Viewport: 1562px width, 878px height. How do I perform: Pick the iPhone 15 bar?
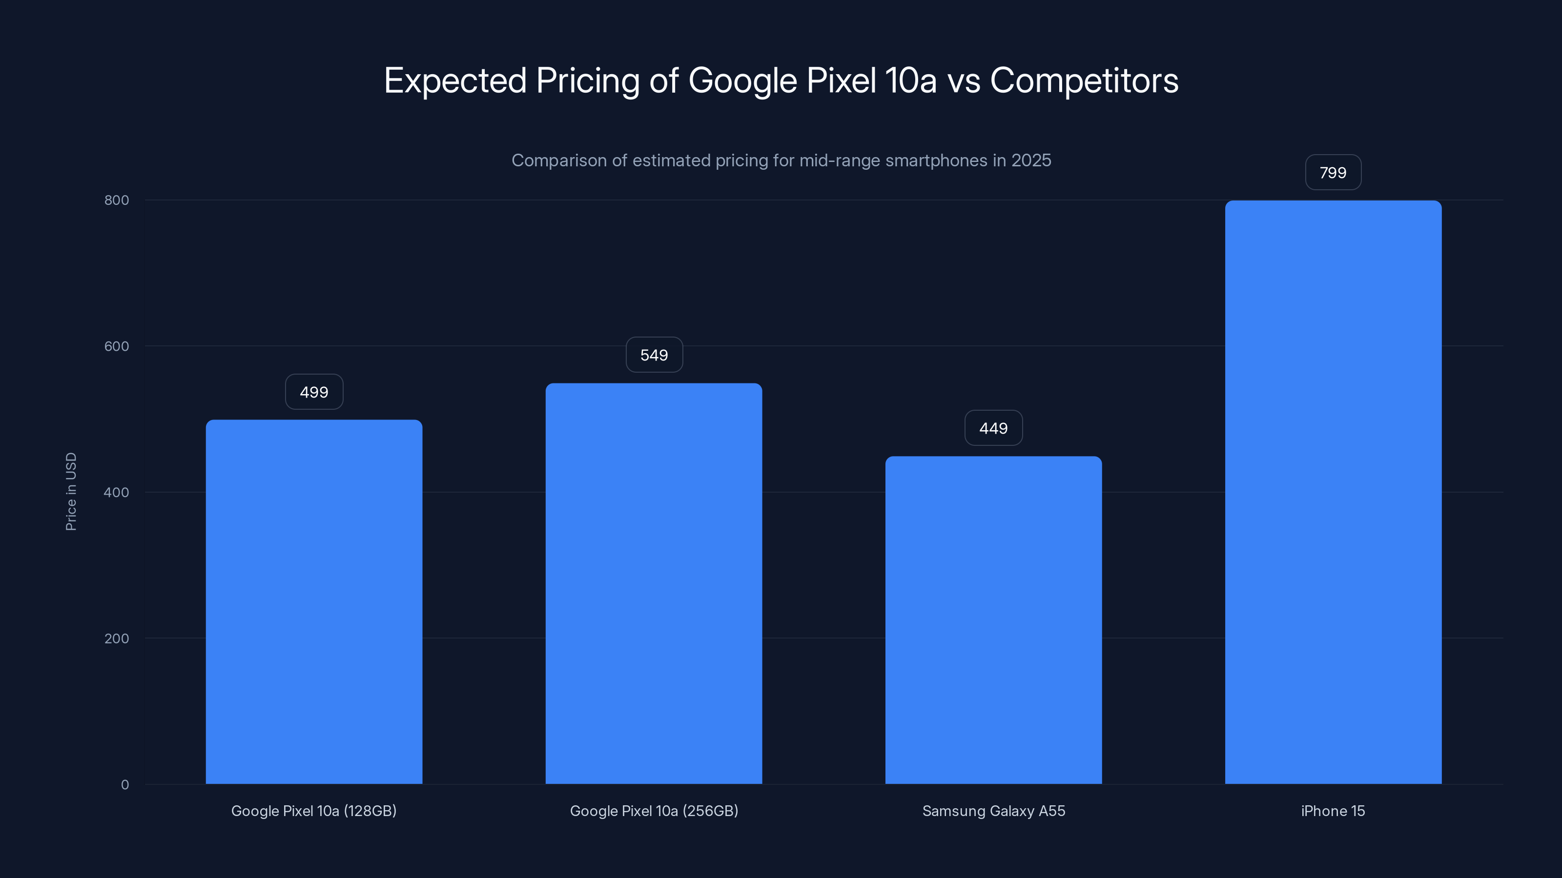point(1333,492)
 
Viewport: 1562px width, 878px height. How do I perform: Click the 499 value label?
point(314,392)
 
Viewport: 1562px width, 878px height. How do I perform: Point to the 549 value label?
point(654,355)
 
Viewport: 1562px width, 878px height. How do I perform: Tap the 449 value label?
point(993,428)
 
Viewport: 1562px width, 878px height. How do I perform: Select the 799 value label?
point(1333,173)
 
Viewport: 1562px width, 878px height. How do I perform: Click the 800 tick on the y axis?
point(117,200)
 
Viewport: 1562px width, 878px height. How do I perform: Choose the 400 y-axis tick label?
point(117,492)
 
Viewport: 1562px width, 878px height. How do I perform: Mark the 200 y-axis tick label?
point(117,638)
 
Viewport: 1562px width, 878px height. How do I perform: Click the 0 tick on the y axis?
point(125,785)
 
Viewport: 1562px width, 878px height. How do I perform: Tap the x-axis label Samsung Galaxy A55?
point(993,811)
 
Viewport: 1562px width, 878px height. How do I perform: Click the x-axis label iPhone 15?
point(1333,811)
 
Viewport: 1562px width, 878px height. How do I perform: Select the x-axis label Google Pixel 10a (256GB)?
point(654,811)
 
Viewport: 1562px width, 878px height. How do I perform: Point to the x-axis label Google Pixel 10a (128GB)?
point(313,811)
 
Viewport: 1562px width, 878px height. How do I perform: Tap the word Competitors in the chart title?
point(1084,80)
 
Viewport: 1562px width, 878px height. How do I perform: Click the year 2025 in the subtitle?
point(1031,160)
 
